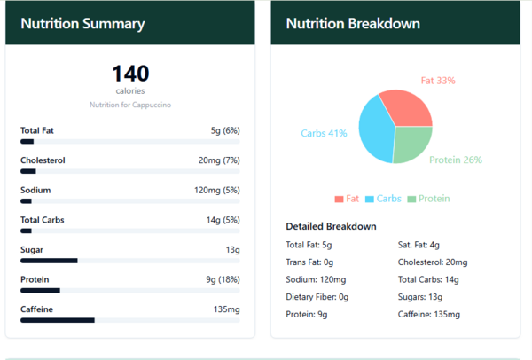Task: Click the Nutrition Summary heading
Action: (x=82, y=24)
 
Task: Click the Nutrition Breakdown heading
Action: (x=353, y=24)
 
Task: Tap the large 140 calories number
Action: (x=130, y=74)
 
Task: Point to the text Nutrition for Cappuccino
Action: (x=130, y=105)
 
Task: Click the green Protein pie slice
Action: (x=411, y=143)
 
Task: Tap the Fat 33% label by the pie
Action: (x=438, y=81)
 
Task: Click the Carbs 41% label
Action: (x=324, y=133)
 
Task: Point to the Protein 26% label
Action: (x=456, y=160)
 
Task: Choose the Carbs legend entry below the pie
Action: (x=383, y=199)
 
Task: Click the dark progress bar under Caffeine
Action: (x=58, y=320)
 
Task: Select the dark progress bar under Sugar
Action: (x=49, y=261)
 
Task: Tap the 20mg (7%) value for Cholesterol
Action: (x=219, y=160)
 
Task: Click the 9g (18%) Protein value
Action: (x=223, y=280)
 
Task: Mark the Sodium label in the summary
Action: (x=35, y=190)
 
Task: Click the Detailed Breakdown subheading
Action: (x=331, y=226)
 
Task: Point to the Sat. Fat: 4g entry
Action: (x=419, y=245)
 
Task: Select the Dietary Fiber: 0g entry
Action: (x=317, y=297)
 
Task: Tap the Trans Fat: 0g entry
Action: (x=309, y=262)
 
